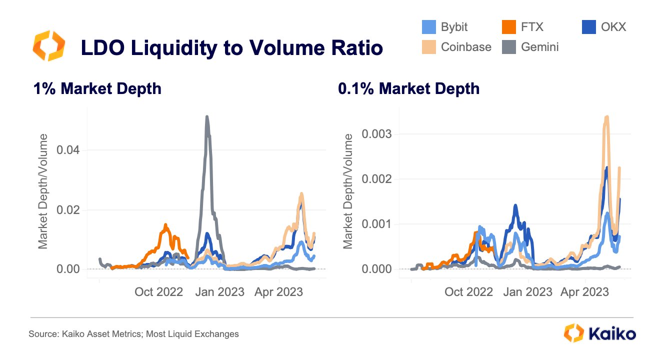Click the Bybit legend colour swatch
(428, 26)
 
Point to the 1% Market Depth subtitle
(97, 89)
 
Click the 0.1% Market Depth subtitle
(408, 89)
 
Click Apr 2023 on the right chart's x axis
(585, 291)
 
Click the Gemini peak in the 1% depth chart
(206, 117)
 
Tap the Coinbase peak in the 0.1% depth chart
(606, 117)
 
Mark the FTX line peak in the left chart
(165, 225)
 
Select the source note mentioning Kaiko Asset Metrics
(133, 333)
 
